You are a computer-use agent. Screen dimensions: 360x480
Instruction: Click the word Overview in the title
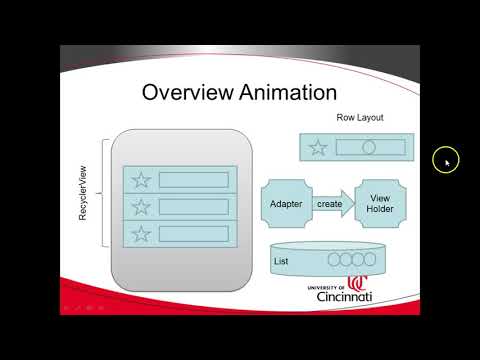(184, 93)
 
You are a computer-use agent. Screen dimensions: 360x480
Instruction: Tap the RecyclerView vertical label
(86, 194)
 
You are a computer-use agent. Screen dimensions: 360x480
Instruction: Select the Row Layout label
(360, 118)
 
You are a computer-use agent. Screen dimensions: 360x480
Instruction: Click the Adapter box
(286, 204)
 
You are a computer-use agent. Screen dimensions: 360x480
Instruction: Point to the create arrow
(331, 204)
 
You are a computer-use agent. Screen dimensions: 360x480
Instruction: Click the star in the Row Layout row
(318, 148)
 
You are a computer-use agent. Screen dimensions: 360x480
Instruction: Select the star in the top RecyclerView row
(142, 180)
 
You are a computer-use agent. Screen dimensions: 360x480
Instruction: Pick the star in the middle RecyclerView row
(142, 207)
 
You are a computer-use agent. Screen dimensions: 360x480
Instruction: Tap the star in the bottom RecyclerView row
(142, 234)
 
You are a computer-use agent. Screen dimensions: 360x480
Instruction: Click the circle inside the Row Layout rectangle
(368, 148)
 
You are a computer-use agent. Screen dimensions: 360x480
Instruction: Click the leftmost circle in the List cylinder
(332, 262)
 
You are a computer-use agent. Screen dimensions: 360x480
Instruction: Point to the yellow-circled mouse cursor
(446, 160)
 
